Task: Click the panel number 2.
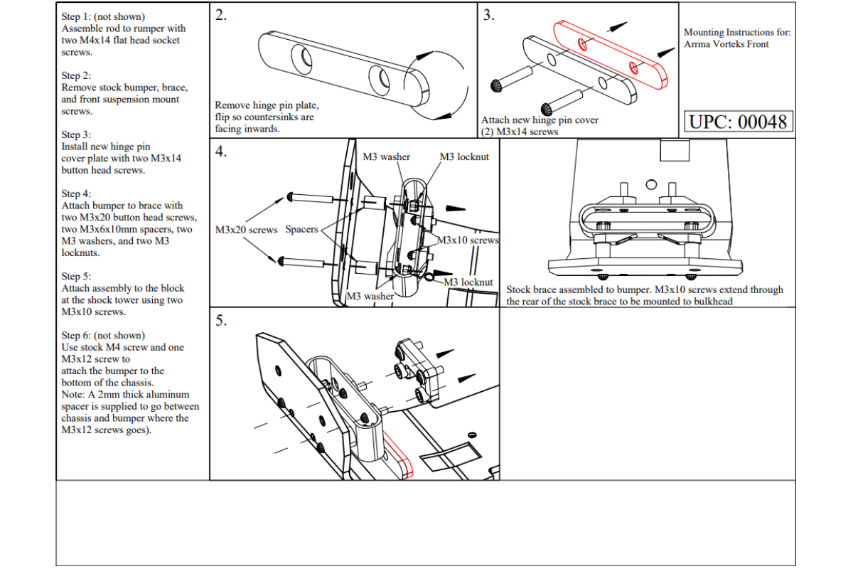[x=221, y=16]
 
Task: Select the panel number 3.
[x=488, y=16]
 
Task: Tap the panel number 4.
[x=221, y=151]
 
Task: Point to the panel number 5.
[x=221, y=321]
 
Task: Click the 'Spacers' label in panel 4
[x=301, y=230]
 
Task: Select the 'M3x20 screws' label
[x=246, y=230]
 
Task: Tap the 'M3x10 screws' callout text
[x=467, y=240]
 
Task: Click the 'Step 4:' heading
[x=76, y=193]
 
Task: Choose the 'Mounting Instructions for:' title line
[x=736, y=32]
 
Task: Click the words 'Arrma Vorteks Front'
[x=726, y=44]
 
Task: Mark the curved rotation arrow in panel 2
[x=434, y=83]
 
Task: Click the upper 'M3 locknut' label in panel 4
[x=464, y=156]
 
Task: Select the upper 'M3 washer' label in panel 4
[x=387, y=156]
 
